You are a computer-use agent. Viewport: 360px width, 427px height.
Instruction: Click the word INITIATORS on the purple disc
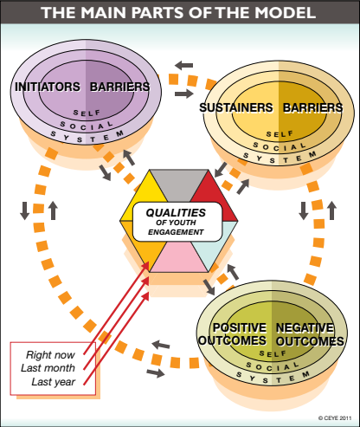[48, 87]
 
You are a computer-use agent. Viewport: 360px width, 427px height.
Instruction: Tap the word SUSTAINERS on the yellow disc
[236, 107]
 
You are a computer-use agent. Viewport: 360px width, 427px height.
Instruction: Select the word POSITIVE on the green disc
[240, 327]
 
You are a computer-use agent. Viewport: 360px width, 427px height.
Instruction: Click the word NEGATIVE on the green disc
[305, 327]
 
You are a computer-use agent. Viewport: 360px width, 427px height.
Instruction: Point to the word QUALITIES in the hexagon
[176, 213]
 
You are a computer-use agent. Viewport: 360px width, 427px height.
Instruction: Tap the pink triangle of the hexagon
[179, 258]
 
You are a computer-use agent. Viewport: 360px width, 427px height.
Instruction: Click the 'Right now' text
[50, 355]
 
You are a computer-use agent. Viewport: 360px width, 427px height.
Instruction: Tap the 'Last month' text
[48, 368]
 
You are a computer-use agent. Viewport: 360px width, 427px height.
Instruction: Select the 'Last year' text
[54, 382]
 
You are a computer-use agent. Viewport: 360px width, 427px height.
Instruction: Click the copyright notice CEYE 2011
[335, 417]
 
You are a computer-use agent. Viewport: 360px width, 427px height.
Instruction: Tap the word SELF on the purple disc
[87, 113]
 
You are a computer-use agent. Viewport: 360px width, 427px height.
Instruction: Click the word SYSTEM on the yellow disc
[280, 158]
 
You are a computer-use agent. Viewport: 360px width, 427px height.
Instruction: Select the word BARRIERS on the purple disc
[120, 87]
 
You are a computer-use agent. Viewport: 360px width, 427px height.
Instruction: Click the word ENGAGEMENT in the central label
[176, 232]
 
